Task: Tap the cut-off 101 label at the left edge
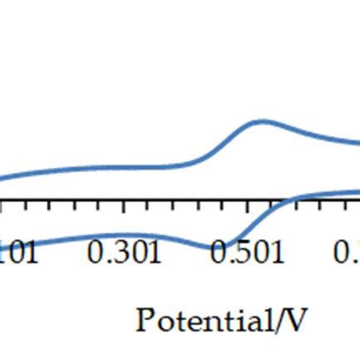[18, 252]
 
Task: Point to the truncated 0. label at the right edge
[348, 252]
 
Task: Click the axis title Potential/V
[221, 319]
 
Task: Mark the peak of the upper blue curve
[262, 121]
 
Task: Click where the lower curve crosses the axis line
[280, 202]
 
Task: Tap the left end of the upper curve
[2, 179]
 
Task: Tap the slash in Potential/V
[281, 319]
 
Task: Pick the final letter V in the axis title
[296, 319]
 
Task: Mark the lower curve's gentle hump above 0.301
[125, 235]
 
